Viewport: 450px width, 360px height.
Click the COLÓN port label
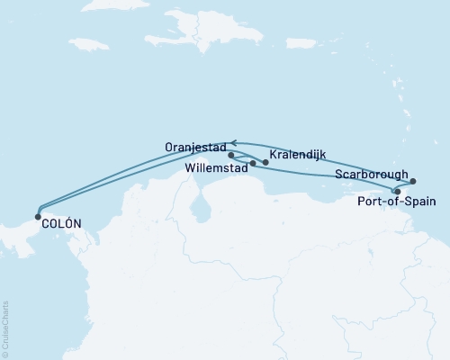61,223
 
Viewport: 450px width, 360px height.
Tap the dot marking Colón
37,216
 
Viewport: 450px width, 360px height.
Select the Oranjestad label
195,145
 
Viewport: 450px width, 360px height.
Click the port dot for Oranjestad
231,155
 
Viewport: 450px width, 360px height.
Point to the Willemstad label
216,167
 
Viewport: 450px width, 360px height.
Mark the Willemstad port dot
253,164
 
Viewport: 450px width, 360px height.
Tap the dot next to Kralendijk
265,162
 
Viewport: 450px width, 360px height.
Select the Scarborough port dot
413,181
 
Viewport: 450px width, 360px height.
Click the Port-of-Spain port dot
397,191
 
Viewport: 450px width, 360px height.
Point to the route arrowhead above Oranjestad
236,142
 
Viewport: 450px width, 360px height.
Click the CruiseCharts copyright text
5,329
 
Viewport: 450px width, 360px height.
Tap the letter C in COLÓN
45,223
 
